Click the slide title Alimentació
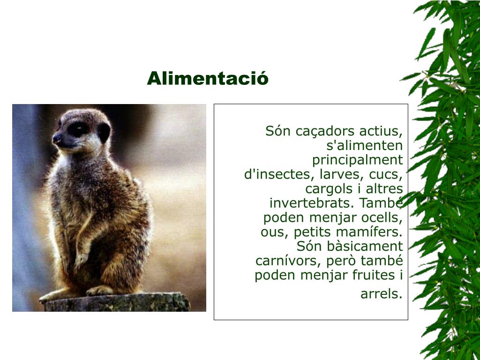pyautogui.click(x=208, y=78)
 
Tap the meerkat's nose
pyautogui.click(x=57, y=138)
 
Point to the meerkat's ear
pyautogui.click(x=104, y=132)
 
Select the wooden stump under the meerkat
pyautogui.click(x=117, y=302)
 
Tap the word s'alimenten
pyautogui.click(x=365, y=145)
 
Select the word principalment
pyautogui.click(x=358, y=160)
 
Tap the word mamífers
pyautogui.click(x=376, y=232)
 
